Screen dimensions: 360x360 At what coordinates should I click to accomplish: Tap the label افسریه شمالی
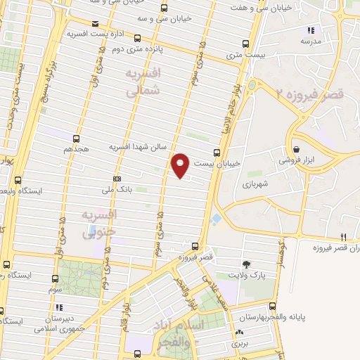(x=143, y=82)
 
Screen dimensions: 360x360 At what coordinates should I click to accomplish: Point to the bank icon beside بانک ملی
(x=117, y=178)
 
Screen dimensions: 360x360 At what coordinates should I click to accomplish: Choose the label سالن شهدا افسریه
(x=137, y=147)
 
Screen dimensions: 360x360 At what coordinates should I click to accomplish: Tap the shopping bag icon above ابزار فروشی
(x=298, y=149)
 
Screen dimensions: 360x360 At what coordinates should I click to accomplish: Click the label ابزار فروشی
(x=302, y=160)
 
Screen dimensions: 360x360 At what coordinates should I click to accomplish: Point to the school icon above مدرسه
(x=311, y=30)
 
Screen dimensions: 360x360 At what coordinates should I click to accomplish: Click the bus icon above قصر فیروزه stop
(x=195, y=247)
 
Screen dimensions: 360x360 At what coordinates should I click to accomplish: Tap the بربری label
(x=241, y=345)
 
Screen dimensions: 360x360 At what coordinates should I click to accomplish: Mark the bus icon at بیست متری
(x=245, y=42)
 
